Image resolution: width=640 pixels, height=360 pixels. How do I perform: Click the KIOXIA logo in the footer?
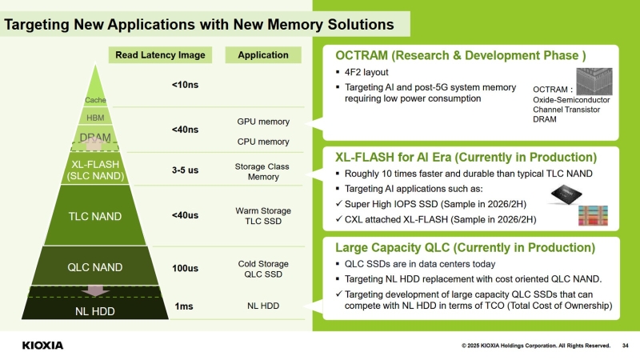pos(42,346)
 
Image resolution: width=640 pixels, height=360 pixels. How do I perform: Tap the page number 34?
pos(625,346)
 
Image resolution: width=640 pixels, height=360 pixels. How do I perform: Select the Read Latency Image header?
pos(160,55)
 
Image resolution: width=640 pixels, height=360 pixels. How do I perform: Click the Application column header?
pos(263,55)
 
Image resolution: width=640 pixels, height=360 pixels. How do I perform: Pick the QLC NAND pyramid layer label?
pos(95,267)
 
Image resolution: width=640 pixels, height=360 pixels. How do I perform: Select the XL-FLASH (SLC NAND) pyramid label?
pos(95,170)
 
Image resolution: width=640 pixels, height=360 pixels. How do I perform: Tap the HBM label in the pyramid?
pos(95,118)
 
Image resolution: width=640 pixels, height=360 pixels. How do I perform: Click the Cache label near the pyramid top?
pos(95,100)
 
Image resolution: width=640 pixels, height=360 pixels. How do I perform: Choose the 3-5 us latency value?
pos(185,170)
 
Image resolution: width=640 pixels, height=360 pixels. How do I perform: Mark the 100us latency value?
pos(185,268)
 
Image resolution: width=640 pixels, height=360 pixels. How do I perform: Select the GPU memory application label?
pos(263,122)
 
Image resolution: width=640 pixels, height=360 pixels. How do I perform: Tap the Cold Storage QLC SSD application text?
pos(263,269)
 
